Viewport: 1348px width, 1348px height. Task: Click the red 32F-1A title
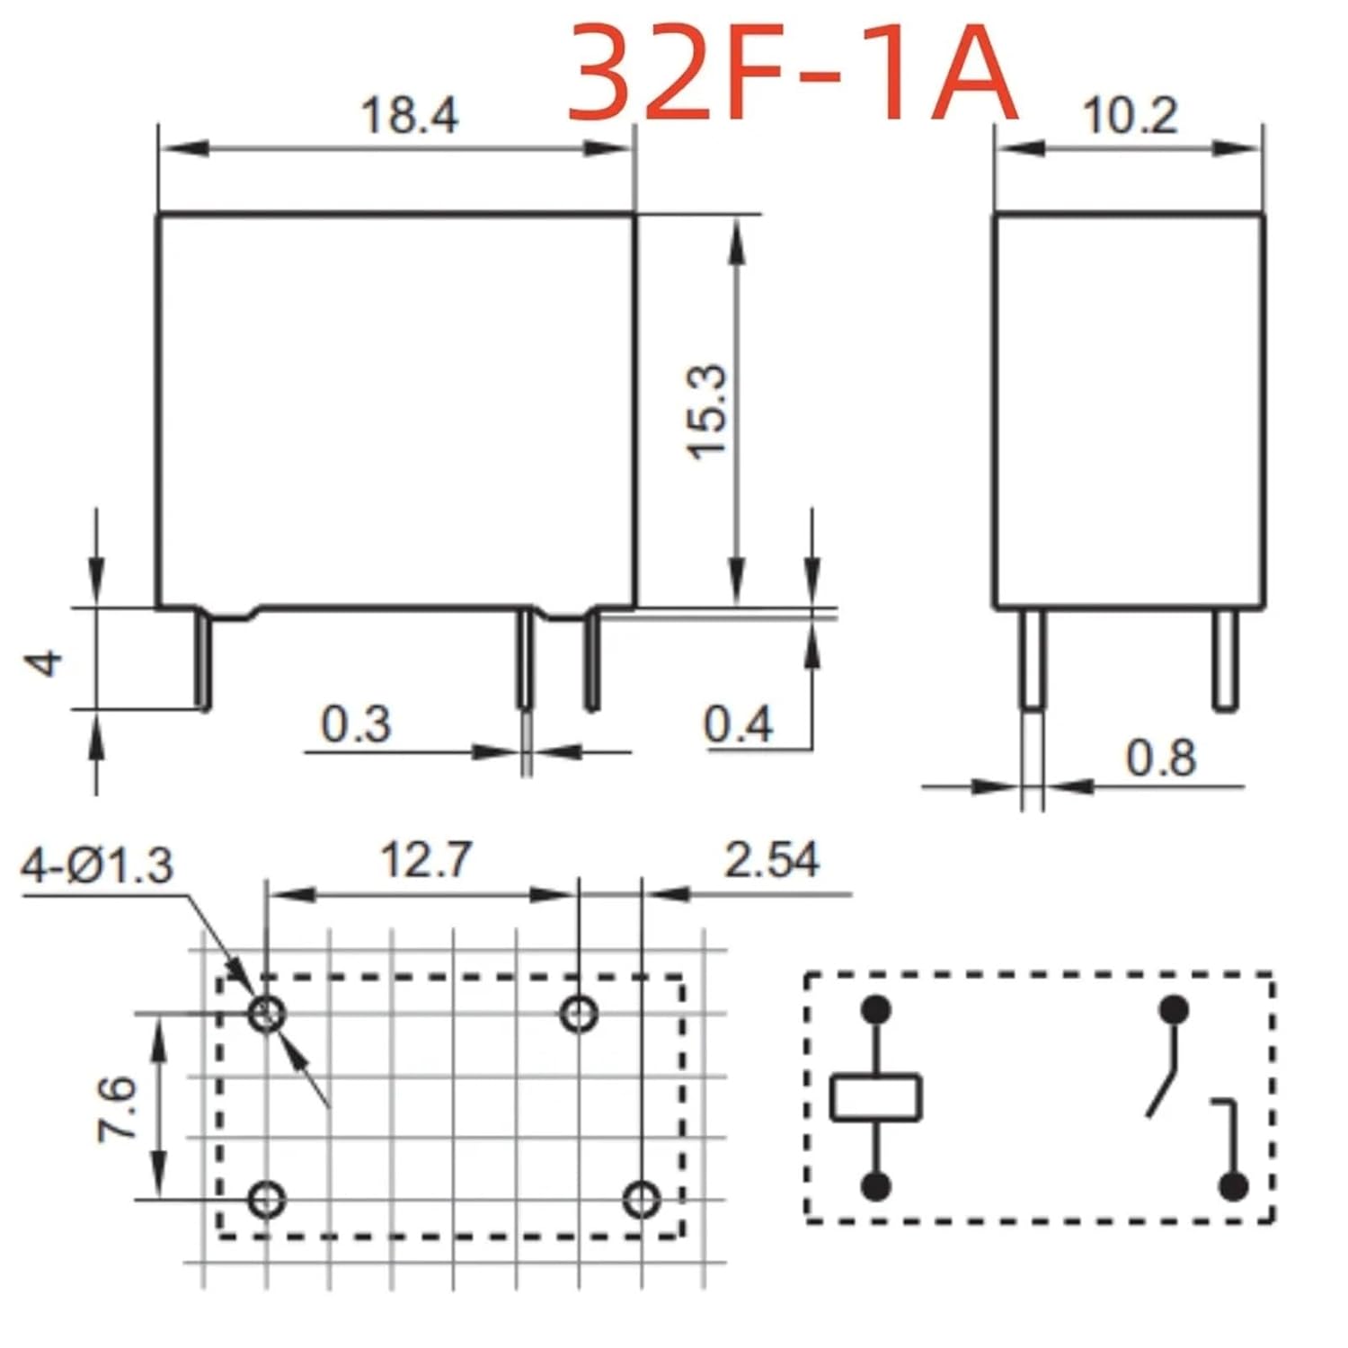click(x=793, y=74)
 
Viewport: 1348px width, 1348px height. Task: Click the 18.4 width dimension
click(x=409, y=116)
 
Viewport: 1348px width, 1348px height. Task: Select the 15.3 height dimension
click(x=707, y=412)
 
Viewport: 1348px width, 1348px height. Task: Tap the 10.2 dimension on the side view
click(x=1129, y=116)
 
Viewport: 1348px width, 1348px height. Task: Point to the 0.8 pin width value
click(x=1160, y=758)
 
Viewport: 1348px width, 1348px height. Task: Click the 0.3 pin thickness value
click(x=356, y=724)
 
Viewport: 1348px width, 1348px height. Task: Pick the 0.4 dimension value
click(x=738, y=724)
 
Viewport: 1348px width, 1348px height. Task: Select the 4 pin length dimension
click(x=45, y=662)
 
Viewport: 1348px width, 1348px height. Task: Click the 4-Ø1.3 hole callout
click(x=97, y=866)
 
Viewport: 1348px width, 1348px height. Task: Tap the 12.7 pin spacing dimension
click(x=425, y=860)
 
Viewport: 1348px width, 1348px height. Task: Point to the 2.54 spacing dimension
click(x=772, y=860)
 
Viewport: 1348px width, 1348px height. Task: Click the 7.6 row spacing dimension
click(x=117, y=1109)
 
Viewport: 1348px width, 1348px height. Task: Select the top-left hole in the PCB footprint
click(x=267, y=1015)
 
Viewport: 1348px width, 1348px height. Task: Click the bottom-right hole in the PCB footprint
click(x=642, y=1199)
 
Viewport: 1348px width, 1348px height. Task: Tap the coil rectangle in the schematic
click(x=875, y=1097)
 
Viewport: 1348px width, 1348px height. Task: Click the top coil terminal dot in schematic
click(x=875, y=1009)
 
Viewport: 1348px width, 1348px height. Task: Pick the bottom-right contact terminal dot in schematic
click(x=1233, y=1186)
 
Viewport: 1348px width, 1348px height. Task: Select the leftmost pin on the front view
click(x=205, y=661)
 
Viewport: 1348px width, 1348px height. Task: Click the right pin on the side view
click(x=1224, y=661)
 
